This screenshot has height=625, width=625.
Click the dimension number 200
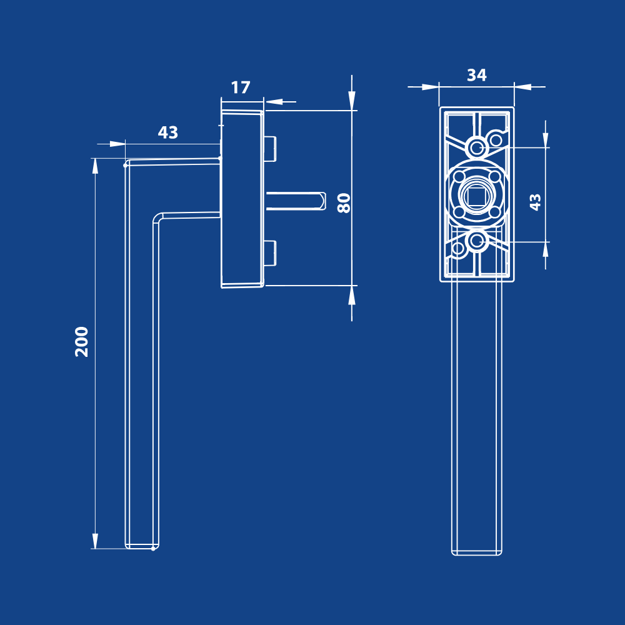click(82, 342)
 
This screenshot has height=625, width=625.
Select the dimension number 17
click(241, 87)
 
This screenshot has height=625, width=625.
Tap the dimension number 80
click(344, 203)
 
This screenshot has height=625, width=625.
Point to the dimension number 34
click(477, 75)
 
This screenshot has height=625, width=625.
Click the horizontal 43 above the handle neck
click(167, 132)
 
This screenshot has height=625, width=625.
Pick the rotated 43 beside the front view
click(535, 202)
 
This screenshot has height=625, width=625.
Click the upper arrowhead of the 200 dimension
click(95, 166)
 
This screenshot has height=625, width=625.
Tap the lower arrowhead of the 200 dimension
click(95, 541)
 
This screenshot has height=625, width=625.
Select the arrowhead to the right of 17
click(274, 102)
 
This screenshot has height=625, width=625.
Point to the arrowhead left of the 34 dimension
click(431, 87)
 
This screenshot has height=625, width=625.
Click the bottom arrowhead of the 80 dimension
click(351, 296)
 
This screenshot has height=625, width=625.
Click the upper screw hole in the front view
click(476, 148)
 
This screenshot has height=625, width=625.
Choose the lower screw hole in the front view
click(476, 241)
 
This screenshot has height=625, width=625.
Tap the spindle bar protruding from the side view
click(296, 201)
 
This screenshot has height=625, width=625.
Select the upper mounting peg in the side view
click(270, 149)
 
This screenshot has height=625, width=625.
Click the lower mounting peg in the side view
click(270, 253)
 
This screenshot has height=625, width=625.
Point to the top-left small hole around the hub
click(459, 177)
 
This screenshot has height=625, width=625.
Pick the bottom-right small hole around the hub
click(494, 212)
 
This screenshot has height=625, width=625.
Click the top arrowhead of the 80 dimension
click(351, 101)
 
